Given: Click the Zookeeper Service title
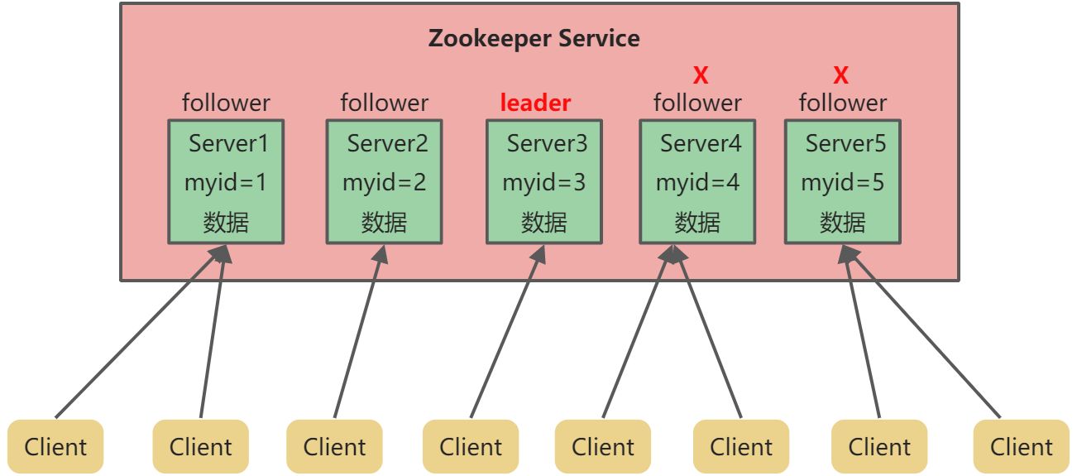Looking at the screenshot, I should click(x=534, y=38).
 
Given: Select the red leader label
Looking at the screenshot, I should click(x=535, y=103).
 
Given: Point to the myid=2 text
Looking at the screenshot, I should click(x=385, y=182).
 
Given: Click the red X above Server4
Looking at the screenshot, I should click(x=701, y=76).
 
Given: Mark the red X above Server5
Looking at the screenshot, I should click(x=840, y=76).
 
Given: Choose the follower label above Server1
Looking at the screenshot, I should click(x=226, y=103).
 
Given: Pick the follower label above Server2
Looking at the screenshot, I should click(x=385, y=103).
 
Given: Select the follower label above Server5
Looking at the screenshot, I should click(x=842, y=103).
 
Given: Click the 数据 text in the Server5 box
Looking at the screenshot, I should click(x=842, y=222).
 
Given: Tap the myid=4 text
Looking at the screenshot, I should click(x=697, y=182).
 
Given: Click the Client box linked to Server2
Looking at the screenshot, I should click(x=334, y=447).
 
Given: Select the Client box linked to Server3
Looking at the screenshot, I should click(x=471, y=447).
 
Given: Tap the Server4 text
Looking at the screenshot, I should click(x=701, y=143).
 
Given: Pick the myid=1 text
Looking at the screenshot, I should click(x=226, y=182).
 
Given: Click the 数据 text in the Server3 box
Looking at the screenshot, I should click(x=543, y=222).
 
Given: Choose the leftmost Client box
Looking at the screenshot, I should click(x=55, y=447).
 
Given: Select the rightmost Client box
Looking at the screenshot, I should click(x=1022, y=447).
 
